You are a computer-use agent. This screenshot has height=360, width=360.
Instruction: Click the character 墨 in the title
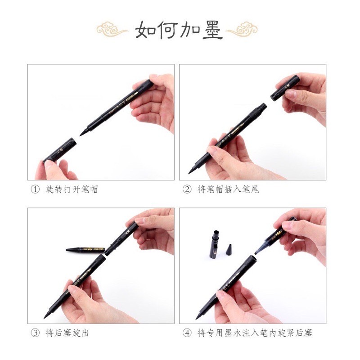[212, 30]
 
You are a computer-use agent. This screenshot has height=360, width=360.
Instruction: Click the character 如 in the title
[146, 30]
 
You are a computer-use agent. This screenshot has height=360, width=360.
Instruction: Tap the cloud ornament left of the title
[112, 29]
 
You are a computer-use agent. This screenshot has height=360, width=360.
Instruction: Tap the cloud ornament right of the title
[242, 29]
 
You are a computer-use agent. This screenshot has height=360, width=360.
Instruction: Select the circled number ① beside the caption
[35, 189]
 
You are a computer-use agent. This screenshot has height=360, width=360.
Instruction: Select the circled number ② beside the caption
[187, 189]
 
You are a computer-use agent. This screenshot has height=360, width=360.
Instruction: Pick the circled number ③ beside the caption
[35, 333]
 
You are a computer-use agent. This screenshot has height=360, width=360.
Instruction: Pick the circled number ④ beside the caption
[187, 333]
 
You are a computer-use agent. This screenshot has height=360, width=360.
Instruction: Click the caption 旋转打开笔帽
[72, 189]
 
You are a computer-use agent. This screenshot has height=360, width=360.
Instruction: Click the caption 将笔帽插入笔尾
[228, 189]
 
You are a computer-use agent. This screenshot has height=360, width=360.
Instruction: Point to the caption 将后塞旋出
[67, 333]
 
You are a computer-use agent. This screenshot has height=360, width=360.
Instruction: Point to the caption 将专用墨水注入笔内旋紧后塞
[255, 333]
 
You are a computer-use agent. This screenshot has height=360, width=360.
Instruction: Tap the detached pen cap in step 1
[60, 150]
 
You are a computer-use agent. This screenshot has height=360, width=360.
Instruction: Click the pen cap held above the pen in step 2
[285, 88]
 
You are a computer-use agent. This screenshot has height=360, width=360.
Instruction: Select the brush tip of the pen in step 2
[192, 171]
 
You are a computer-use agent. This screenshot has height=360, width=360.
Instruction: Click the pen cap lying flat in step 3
[85, 249]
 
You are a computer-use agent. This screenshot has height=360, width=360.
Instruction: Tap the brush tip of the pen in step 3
[47, 315]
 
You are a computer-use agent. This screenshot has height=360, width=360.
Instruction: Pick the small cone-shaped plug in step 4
[229, 250]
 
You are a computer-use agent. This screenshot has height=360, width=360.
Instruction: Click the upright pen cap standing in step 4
[214, 245]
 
